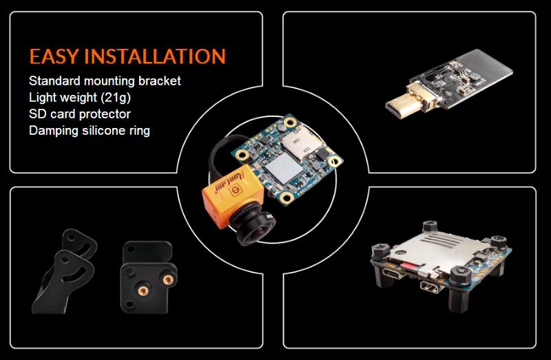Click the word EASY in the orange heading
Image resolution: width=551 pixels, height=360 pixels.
(54, 56)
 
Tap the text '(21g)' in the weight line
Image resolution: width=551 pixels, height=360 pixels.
(116, 98)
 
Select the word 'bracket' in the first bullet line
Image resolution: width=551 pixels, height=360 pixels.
(160, 81)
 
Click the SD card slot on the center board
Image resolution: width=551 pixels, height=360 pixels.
(300, 141)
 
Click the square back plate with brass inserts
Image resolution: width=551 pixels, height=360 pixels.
(149, 277)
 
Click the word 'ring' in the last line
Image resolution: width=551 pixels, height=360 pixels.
(141, 131)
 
